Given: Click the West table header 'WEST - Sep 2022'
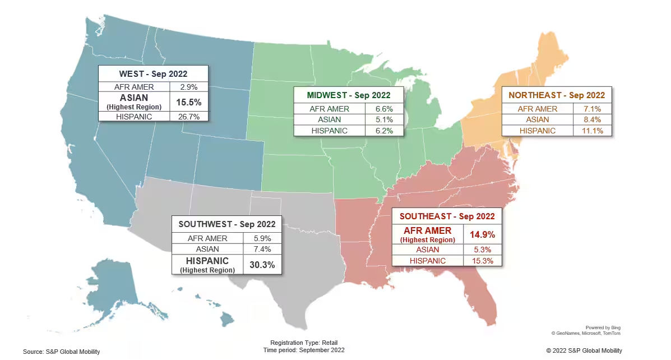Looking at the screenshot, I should point(153,73).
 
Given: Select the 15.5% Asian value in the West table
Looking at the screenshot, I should point(189,102).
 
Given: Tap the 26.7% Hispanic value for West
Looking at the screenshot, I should point(189,117).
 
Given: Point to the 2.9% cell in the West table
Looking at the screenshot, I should point(189,87).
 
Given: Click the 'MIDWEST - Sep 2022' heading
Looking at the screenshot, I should point(348,95).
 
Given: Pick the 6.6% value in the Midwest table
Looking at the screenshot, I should point(384,109).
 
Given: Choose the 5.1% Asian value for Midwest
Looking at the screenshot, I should point(384,119).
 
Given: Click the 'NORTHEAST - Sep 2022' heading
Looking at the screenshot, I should point(557,95).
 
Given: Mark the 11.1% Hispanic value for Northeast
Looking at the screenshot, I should point(593,131).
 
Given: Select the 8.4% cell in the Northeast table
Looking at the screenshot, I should point(593,119).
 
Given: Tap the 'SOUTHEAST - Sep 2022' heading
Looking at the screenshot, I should point(446,216).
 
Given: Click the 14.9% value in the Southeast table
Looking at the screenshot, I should point(482,233).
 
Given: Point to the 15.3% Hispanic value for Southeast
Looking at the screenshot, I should point(482,261).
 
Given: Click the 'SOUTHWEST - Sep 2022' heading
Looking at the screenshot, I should point(227,224).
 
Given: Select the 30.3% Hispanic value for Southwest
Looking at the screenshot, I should point(262,265).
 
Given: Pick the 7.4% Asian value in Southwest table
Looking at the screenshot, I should point(262,249).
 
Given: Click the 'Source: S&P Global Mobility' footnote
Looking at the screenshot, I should point(61,352).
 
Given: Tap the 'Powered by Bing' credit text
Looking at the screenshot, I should point(603,327).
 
